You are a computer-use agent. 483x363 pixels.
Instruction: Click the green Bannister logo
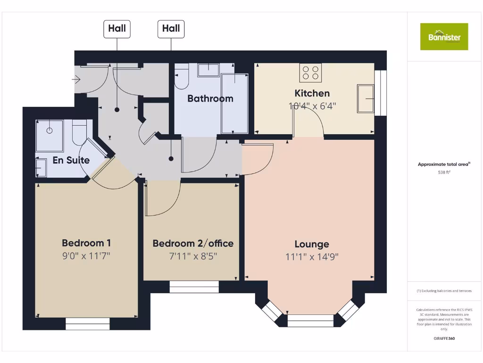click(444, 36)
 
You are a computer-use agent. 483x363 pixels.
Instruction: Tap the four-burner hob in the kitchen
click(310, 72)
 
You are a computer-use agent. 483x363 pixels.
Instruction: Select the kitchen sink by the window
click(366, 98)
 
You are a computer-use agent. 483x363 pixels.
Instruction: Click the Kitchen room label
click(312, 93)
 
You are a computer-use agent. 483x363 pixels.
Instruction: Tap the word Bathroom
click(210, 99)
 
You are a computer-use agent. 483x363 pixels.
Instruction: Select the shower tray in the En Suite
click(50, 136)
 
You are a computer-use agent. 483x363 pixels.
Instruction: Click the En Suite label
click(71, 160)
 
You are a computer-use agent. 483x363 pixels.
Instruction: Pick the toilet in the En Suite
click(79, 133)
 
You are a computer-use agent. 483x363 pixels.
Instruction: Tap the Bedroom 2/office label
click(193, 243)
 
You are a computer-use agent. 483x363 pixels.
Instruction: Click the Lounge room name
click(312, 244)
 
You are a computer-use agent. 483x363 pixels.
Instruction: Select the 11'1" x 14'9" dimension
click(312, 257)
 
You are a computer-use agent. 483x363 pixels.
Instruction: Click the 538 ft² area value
click(444, 173)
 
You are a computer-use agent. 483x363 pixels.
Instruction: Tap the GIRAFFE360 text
click(444, 338)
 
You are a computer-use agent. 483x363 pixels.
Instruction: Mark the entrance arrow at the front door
click(76, 79)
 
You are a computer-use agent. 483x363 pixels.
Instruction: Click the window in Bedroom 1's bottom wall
click(87, 323)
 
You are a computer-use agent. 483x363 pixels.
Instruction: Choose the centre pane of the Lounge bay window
click(310, 320)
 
